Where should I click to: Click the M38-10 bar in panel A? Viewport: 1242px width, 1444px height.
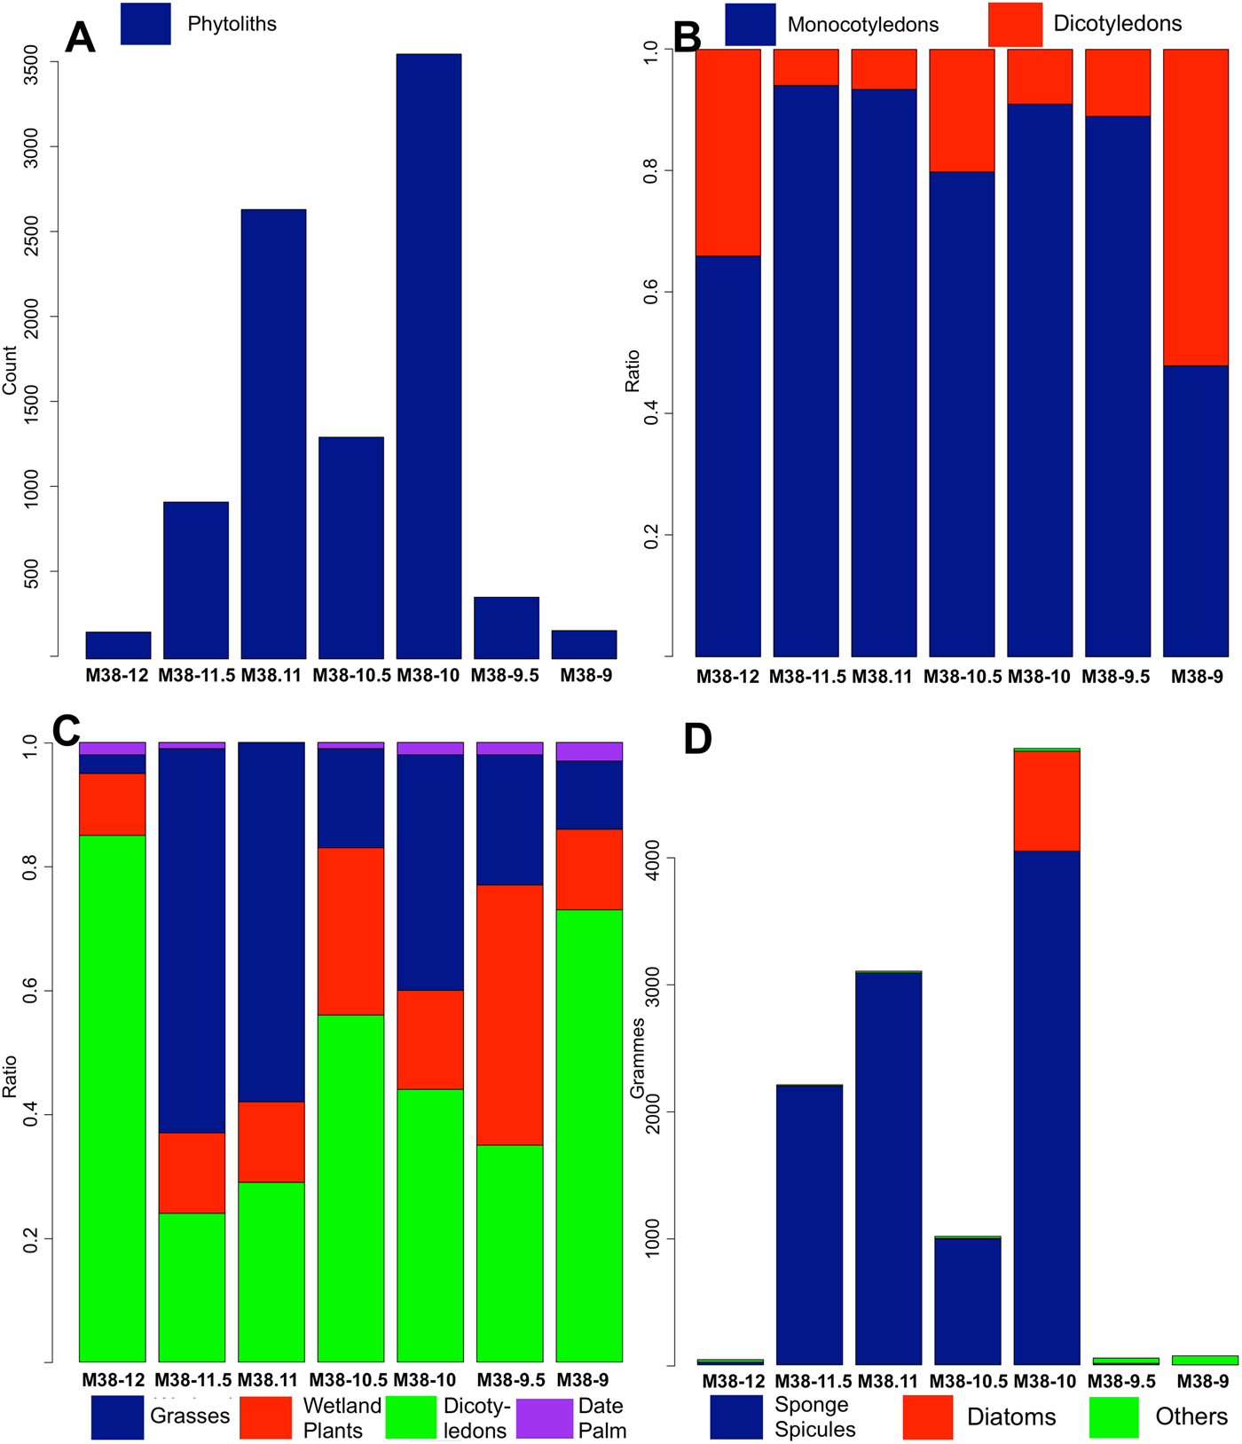[x=428, y=355]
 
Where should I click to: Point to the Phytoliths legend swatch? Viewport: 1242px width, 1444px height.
[x=145, y=24]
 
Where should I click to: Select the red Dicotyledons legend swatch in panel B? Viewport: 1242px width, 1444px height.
[x=1015, y=24]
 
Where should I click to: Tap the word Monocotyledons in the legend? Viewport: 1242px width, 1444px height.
[x=862, y=25]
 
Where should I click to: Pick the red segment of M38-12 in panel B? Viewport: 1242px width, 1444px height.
[x=727, y=152]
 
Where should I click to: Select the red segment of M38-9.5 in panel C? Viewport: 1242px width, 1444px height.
[x=510, y=1015]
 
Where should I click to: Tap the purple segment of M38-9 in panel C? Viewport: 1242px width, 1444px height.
[x=589, y=751]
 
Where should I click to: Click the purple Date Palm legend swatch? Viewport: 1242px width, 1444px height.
[x=544, y=1417]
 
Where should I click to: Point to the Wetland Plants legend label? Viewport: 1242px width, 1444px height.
[x=342, y=1417]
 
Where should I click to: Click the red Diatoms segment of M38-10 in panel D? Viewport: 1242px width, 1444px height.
[x=1047, y=800]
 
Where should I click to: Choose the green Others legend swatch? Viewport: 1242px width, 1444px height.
[x=1113, y=1417]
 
